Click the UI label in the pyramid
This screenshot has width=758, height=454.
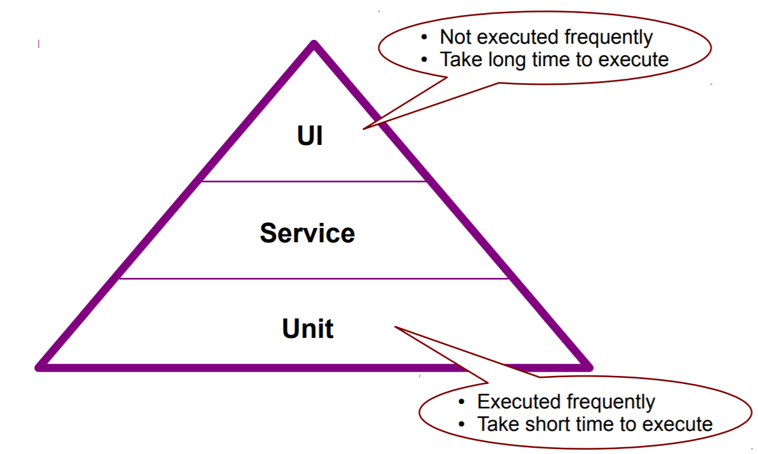310,136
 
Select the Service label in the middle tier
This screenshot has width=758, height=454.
307,234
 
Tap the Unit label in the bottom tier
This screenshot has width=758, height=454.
307,329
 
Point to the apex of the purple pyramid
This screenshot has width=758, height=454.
314,44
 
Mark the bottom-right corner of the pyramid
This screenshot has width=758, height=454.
588,367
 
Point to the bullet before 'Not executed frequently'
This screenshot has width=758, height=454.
426,38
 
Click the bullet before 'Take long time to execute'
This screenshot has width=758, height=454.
426,60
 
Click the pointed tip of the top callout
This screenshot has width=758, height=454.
363,129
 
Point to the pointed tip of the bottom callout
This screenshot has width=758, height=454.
395,327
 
